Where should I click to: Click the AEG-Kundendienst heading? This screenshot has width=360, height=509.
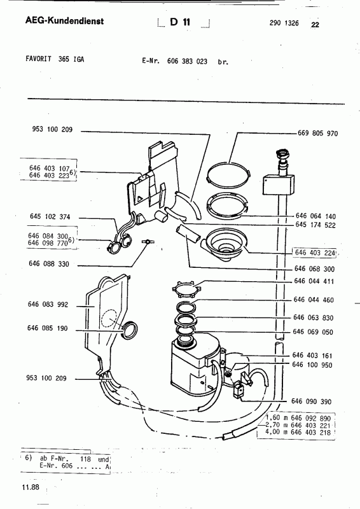65,21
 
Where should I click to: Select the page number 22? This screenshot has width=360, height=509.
315,25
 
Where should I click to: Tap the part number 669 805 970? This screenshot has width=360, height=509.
318,134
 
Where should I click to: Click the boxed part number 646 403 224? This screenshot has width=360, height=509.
315,253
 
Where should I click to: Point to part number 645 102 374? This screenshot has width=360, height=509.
50,216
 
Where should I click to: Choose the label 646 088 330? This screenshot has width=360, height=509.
49,263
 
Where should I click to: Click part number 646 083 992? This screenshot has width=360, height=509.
48,304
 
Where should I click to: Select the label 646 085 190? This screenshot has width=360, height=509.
48,328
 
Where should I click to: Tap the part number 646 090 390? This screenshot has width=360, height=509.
311,401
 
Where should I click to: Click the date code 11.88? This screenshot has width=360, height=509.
31,487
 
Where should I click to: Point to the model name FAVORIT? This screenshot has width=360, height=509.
38,59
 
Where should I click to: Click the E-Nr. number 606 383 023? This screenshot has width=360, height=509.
187,61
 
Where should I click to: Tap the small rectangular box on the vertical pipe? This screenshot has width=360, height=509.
279,185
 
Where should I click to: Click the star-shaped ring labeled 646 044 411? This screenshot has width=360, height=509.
186,288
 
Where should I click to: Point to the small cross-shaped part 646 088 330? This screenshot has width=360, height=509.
148,242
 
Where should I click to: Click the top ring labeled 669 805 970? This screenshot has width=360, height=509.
229,174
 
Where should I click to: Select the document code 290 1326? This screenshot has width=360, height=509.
284,23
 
